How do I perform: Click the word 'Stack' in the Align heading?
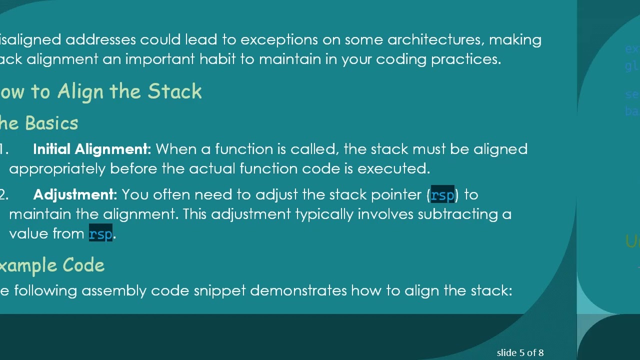pos(174,91)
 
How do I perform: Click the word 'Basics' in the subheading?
pos(51,123)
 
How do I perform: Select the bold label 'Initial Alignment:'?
pos(92,149)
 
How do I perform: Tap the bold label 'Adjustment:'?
pos(75,195)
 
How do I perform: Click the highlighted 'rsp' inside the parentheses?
pos(442,195)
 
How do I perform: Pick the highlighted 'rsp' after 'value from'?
pos(100,234)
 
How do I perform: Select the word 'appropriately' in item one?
pos(57,169)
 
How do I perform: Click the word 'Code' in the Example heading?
pos(83,265)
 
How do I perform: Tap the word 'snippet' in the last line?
pos(219,291)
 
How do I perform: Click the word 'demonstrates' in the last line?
pos(298,291)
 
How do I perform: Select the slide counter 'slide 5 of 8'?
pos(520,353)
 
